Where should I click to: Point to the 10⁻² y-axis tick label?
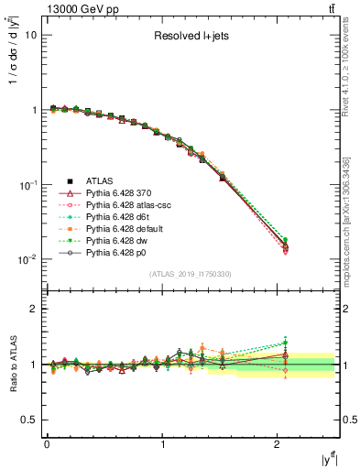click(27, 259)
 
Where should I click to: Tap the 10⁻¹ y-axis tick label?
click(27, 184)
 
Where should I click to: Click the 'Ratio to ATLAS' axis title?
click(11, 365)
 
